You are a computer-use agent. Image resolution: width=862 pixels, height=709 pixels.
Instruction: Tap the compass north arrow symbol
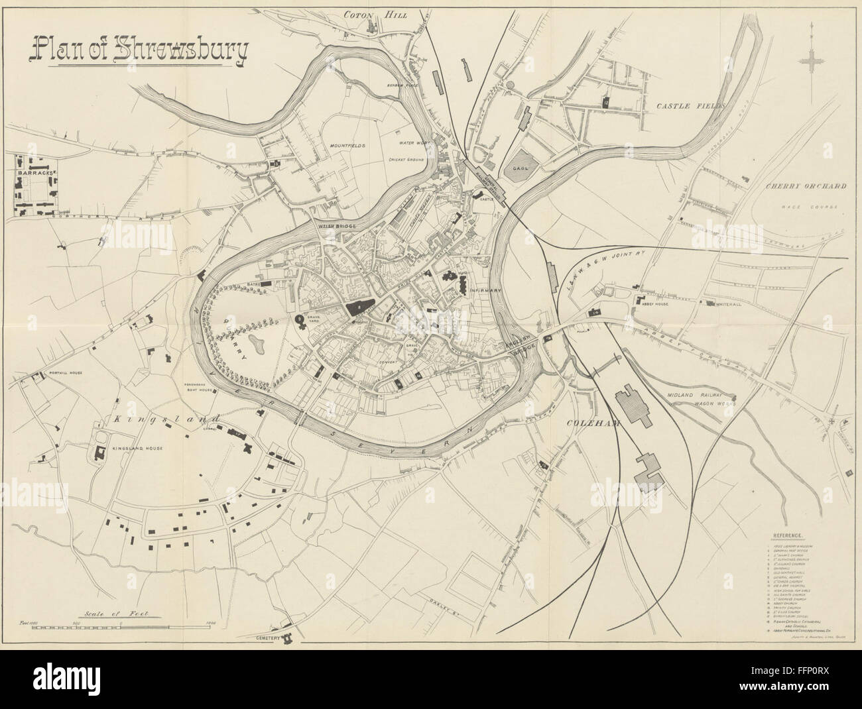pos(811,60)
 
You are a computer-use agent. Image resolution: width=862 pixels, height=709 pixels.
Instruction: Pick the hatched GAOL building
pos(521,161)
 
